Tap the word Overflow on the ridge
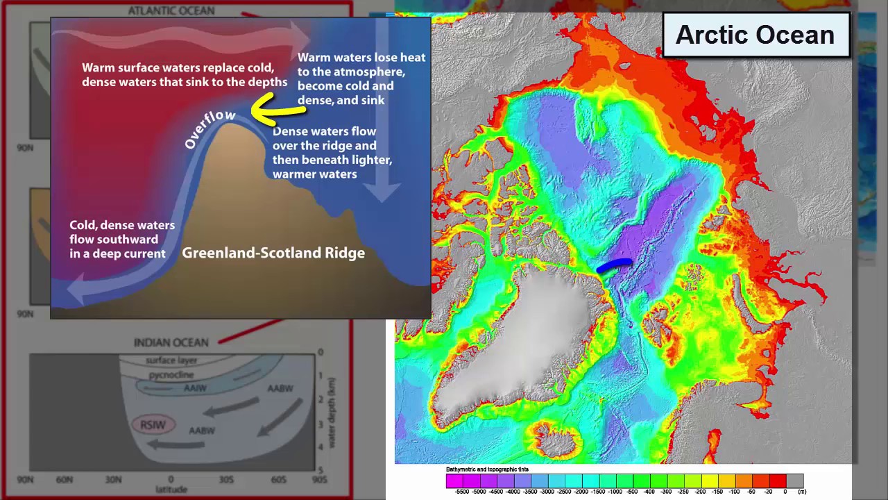[210, 128]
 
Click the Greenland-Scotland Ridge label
[273, 253]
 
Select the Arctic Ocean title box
[755, 35]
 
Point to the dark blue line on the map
[614, 265]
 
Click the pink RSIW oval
[153, 425]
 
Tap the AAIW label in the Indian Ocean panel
[195, 388]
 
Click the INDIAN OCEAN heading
[171, 342]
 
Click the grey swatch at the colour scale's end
[795, 481]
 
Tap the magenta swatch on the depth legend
[454, 481]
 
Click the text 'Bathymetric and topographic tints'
[487, 469]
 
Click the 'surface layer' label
[171, 360]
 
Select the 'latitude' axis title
[171, 490]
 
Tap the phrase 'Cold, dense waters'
[122, 225]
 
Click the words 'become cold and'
[345, 86]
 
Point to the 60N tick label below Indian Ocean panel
[65, 479]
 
